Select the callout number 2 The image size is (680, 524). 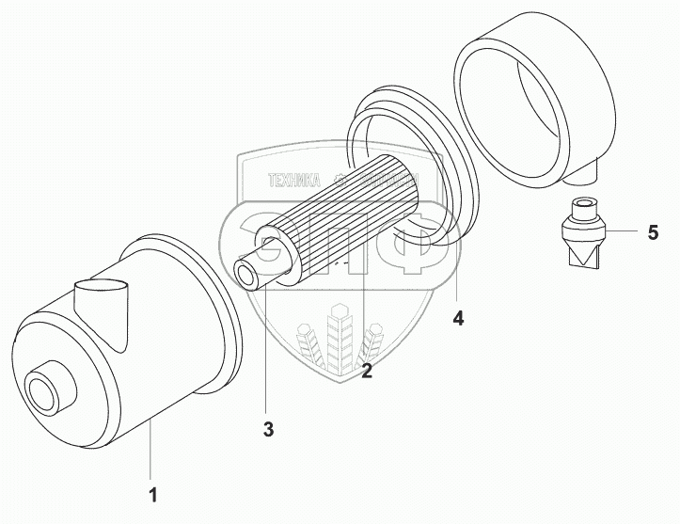pos(367,372)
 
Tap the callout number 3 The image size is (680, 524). pos(268,430)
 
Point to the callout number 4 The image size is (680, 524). pos(458,318)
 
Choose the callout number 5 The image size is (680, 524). pos(653,232)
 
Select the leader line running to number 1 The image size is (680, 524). pos(150,452)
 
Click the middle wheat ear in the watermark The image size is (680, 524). pos(339,339)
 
